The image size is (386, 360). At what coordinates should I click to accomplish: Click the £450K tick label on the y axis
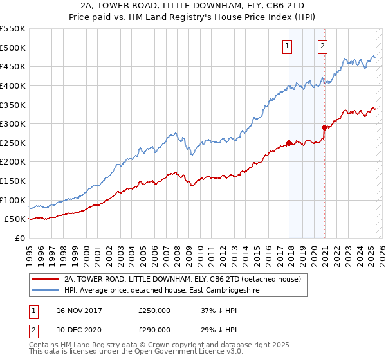(x=12, y=66)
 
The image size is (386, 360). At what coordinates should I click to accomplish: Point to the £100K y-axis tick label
(x=12, y=200)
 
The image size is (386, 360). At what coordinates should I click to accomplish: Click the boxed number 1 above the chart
(x=287, y=46)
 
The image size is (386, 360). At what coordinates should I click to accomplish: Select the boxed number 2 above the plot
(x=322, y=46)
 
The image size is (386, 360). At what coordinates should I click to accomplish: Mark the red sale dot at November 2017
(x=289, y=143)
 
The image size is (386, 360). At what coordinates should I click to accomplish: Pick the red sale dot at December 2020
(x=324, y=127)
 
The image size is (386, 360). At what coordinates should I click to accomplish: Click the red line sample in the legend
(x=46, y=280)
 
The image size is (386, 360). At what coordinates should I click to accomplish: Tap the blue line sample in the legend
(x=46, y=291)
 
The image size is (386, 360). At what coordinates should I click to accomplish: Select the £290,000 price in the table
(x=154, y=329)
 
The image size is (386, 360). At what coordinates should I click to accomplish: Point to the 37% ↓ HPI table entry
(x=216, y=310)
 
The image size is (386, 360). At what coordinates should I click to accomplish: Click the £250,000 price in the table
(x=154, y=310)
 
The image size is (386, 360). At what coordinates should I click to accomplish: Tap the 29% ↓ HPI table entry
(x=216, y=329)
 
